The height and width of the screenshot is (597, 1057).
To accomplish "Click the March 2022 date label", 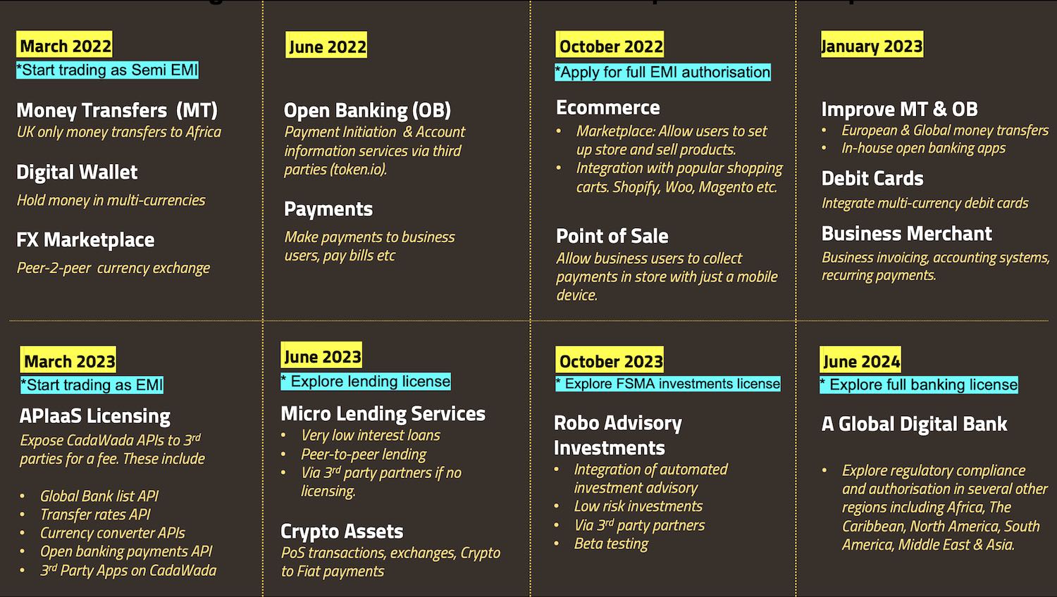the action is pyautogui.click(x=65, y=45).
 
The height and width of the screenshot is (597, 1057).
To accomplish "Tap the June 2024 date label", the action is pyautogui.click(x=860, y=360).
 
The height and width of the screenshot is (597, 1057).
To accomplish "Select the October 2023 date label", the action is pyautogui.click(x=610, y=360).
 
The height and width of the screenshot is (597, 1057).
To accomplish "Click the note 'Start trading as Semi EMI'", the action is pyautogui.click(x=108, y=70).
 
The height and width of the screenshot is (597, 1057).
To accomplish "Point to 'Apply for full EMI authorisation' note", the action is pyautogui.click(x=663, y=72).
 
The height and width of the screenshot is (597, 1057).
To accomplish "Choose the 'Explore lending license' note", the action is pyautogui.click(x=366, y=381).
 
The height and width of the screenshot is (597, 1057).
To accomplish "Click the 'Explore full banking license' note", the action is pyautogui.click(x=919, y=384).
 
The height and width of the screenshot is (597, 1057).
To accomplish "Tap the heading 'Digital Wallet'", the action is pyautogui.click(x=77, y=172).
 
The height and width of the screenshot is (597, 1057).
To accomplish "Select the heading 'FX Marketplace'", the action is pyautogui.click(x=85, y=239).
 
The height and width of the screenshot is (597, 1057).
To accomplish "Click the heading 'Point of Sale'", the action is pyautogui.click(x=612, y=236).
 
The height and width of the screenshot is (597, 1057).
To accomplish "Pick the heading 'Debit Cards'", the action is pyautogui.click(x=872, y=178).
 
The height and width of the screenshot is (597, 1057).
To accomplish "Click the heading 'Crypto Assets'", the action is pyautogui.click(x=342, y=532).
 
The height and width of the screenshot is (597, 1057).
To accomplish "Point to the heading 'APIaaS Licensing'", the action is pyautogui.click(x=95, y=416).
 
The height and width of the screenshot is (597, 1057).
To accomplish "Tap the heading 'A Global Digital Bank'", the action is pyautogui.click(x=915, y=424).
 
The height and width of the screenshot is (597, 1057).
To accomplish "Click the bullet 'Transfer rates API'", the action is pyautogui.click(x=95, y=515).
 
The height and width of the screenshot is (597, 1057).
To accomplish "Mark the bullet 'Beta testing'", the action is pyautogui.click(x=611, y=543).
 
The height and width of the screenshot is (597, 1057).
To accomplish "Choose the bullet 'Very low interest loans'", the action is pyautogui.click(x=371, y=435).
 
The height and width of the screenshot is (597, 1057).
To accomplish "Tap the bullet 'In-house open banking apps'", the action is pyautogui.click(x=923, y=148).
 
